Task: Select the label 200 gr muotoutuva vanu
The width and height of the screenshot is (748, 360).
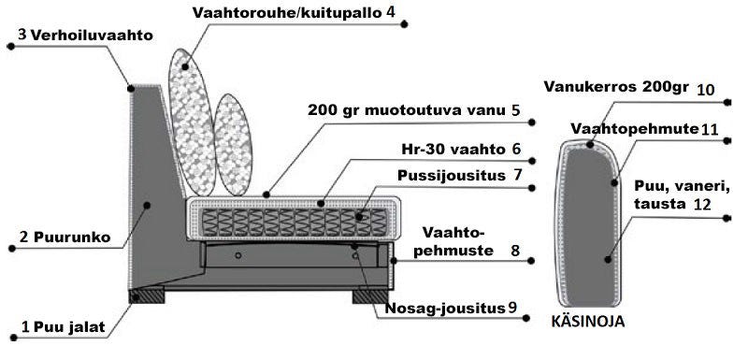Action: pyautogui.click(x=407, y=109)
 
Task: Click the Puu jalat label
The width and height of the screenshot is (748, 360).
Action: pyautogui.click(x=71, y=327)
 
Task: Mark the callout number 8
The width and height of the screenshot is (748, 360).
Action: pyautogui.click(x=515, y=250)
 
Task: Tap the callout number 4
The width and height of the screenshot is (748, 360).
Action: pyautogui.click(x=390, y=12)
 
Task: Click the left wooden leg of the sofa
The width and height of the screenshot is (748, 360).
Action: pyautogui.click(x=148, y=295)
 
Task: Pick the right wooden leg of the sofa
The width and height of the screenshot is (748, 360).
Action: pyautogui.click(x=370, y=295)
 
